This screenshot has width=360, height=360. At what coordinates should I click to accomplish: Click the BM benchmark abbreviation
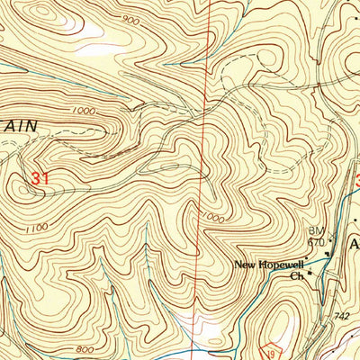(x=315, y=231)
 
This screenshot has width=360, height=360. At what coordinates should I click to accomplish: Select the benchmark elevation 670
(x=315, y=242)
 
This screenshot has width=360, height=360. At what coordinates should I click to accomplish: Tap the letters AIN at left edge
(x=20, y=128)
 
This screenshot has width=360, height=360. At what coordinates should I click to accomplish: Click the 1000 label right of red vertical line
(x=213, y=217)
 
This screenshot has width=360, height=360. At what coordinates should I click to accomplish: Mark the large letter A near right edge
(x=354, y=245)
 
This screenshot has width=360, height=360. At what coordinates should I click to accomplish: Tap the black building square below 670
(x=326, y=254)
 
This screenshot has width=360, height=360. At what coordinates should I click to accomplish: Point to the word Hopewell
(x=278, y=265)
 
